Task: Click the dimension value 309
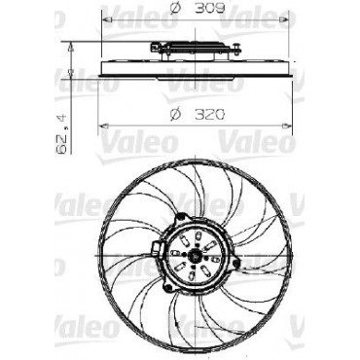click(x=209, y=9)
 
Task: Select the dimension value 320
click(x=209, y=114)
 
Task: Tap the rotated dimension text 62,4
click(x=61, y=134)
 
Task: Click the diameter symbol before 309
click(x=174, y=9)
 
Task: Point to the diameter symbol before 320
click(x=174, y=115)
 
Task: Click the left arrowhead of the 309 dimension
click(x=107, y=20)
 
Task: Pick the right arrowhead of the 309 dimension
click(x=283, y=20)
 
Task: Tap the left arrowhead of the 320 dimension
click(x=103, y=126)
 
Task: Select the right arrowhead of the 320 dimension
click(x=287, y=126)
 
